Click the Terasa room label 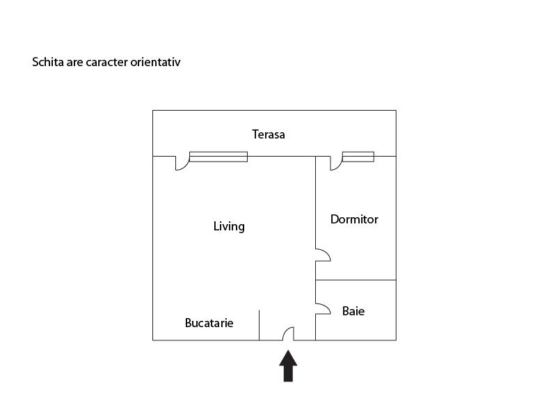[x=269, y=134]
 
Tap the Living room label [x=229, y=226]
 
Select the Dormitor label [x=354, y=219]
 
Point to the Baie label [x=353, y=311]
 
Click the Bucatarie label [x=209, y=322]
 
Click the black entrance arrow [x=288, y=365]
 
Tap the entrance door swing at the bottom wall [x=288, y=333]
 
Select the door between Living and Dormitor [x=323, y=255]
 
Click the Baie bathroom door [x=323, y=308]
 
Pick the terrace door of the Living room [x=182, y=163]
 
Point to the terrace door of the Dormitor [x=336, y=163]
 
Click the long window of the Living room [x=218, y=157]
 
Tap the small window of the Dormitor [x=358, y=157]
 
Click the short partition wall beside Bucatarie [x=259, y=325]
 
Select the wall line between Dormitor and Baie [x=356, y=280]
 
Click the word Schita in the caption [x=48, y=62]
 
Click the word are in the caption [x=75, y=63]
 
